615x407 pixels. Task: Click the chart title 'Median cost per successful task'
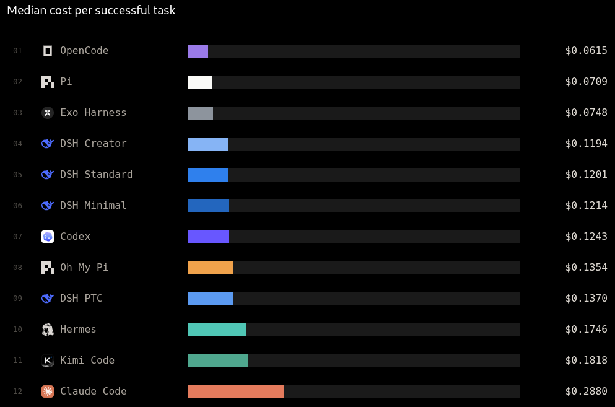(91, 10)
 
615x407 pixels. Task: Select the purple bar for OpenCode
(198, 51)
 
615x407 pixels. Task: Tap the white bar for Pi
(200, 82)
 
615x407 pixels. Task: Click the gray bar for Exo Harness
(201, 113)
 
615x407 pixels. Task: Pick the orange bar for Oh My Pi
(211, 268)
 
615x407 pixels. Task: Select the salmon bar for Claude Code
(236, 392)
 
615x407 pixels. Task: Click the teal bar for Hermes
(217, 330)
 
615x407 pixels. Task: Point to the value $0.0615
(586, 51)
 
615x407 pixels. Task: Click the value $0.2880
(586, 392)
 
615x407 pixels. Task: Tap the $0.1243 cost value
(586, 236)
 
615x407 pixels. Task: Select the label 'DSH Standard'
(96, 174)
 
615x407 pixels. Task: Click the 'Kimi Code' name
(87, 361)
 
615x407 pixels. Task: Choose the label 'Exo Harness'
(94, 113)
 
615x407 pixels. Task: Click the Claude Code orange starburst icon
(48, 392)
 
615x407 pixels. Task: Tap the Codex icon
(48, 237)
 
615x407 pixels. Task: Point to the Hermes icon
(48, 330)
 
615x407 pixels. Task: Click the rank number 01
(17, 51)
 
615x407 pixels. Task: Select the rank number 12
(17, 392)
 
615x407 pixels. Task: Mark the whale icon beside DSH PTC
(48, 299)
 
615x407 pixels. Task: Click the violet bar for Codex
(209, 237)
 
